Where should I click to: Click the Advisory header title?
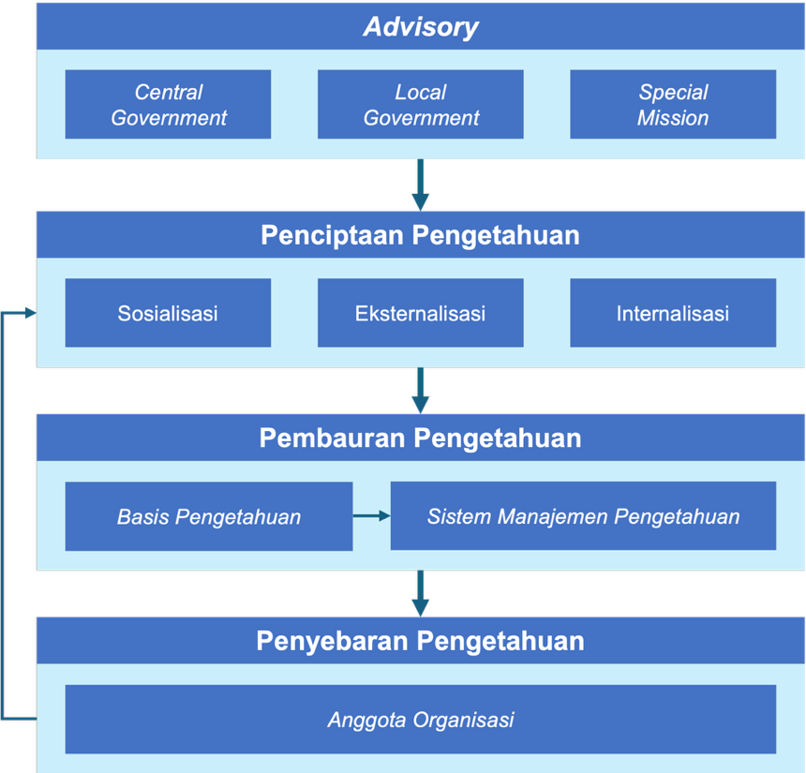[x=421, y=27]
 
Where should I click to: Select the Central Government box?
[x=168, y=104]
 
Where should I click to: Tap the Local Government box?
[x=421, y=104]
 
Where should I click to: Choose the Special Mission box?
[x=673, y=104]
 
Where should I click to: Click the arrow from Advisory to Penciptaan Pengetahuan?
[x=421, y=185]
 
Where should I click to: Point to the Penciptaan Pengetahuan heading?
[x=421, y=235]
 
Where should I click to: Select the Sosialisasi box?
[x=168, y=313]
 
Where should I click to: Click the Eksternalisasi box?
[x=421, y=313]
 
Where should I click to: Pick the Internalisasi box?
[x=673, y=313]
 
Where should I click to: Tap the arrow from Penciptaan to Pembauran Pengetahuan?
[x=421, y=391]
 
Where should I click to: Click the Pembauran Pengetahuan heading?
[x=421, y=439]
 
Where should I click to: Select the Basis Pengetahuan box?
[x=209, y=516]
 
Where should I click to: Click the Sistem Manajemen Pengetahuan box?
[x=584, y=516]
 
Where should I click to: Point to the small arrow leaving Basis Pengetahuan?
[x=372, y=515]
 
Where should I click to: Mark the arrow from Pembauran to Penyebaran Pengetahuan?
[x=421, y=594]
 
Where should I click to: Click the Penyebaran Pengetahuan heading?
[x=421, y=642]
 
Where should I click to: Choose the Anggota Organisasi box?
[x=421, y=720]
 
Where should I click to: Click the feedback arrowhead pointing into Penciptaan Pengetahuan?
[x=30, y=313]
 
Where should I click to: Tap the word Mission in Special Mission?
[x=673, y=118]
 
